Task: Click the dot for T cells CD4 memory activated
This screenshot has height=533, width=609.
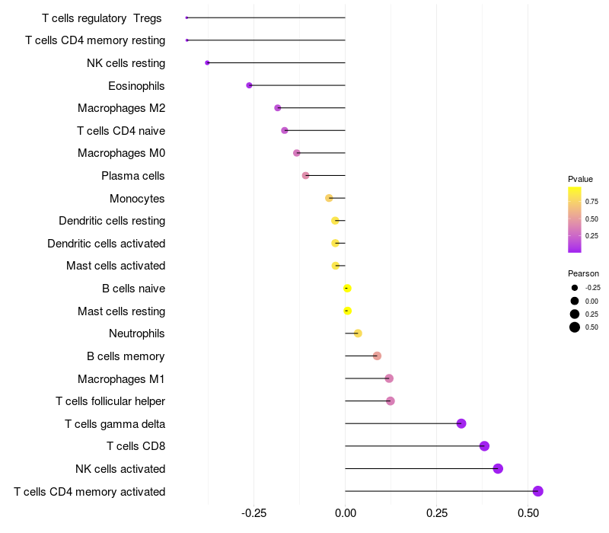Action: click(537, 491)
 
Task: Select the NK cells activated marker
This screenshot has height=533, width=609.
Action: click(498, 468)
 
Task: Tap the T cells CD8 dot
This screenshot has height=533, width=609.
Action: click(484, 446)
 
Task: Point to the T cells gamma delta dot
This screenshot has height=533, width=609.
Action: click(461, 423)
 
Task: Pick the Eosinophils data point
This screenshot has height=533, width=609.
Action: click(249, 85)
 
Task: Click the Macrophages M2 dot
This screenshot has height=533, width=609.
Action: click(278, 108)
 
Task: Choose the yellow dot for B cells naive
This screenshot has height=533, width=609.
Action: click(347, 289)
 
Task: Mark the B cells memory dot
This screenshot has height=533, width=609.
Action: click(377, 356)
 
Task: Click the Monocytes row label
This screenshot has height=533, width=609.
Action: click(137, 199)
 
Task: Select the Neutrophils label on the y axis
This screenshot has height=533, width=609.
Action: click(137, 334)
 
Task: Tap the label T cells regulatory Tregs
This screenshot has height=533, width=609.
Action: click(102, 18)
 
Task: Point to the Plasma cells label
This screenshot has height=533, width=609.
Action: click(133, 176)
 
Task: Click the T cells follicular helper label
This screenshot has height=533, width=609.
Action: click(110, 401)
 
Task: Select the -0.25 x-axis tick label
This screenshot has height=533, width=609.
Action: click(253, 513)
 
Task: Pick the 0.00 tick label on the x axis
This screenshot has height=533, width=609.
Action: click(346, 513)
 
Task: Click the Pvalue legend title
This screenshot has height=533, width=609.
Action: click(580, 179)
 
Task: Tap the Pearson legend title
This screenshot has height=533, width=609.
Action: click(583, 273)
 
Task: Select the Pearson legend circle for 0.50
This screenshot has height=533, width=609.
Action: click(575, 327)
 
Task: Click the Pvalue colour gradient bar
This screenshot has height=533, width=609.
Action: click(575, 219)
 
